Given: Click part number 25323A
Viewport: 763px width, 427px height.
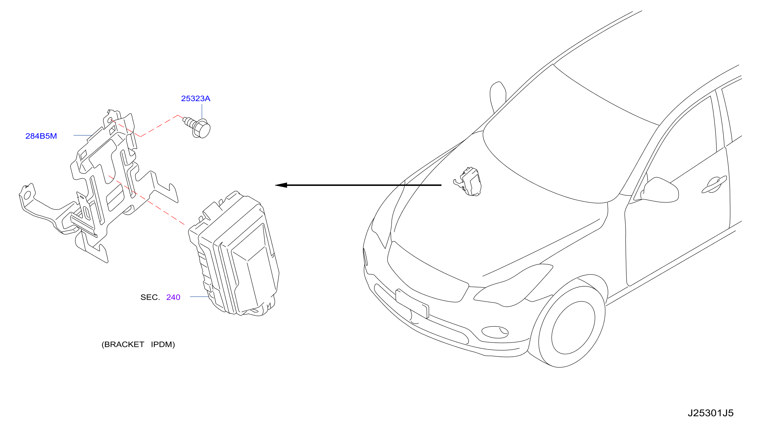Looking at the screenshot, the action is [x=196, y=98].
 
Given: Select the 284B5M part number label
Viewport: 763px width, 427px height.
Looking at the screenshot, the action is [x=41, y=136].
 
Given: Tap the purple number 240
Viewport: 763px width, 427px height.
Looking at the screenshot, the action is [x=173, y=297].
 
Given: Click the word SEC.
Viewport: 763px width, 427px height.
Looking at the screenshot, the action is [x=150, y=297].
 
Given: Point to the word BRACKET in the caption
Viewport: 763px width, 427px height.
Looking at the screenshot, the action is [x=124, y=344].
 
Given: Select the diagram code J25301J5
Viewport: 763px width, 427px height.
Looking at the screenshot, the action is [x=710, y=413].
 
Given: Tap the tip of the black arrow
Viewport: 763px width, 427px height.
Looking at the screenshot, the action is [x=275, y=185].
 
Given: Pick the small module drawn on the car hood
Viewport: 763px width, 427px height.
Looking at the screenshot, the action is [x=468, y=182].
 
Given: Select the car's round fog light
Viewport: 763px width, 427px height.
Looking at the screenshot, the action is [x=495, y=332].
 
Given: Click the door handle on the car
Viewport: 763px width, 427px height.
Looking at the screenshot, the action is [x=714, y=185].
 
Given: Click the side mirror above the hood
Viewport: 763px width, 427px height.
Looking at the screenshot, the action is [x=498, y=97].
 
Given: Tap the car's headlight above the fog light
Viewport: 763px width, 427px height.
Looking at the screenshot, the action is [x=513, y=285].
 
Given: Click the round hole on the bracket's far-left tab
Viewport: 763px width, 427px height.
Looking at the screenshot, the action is [x=27, y=195].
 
